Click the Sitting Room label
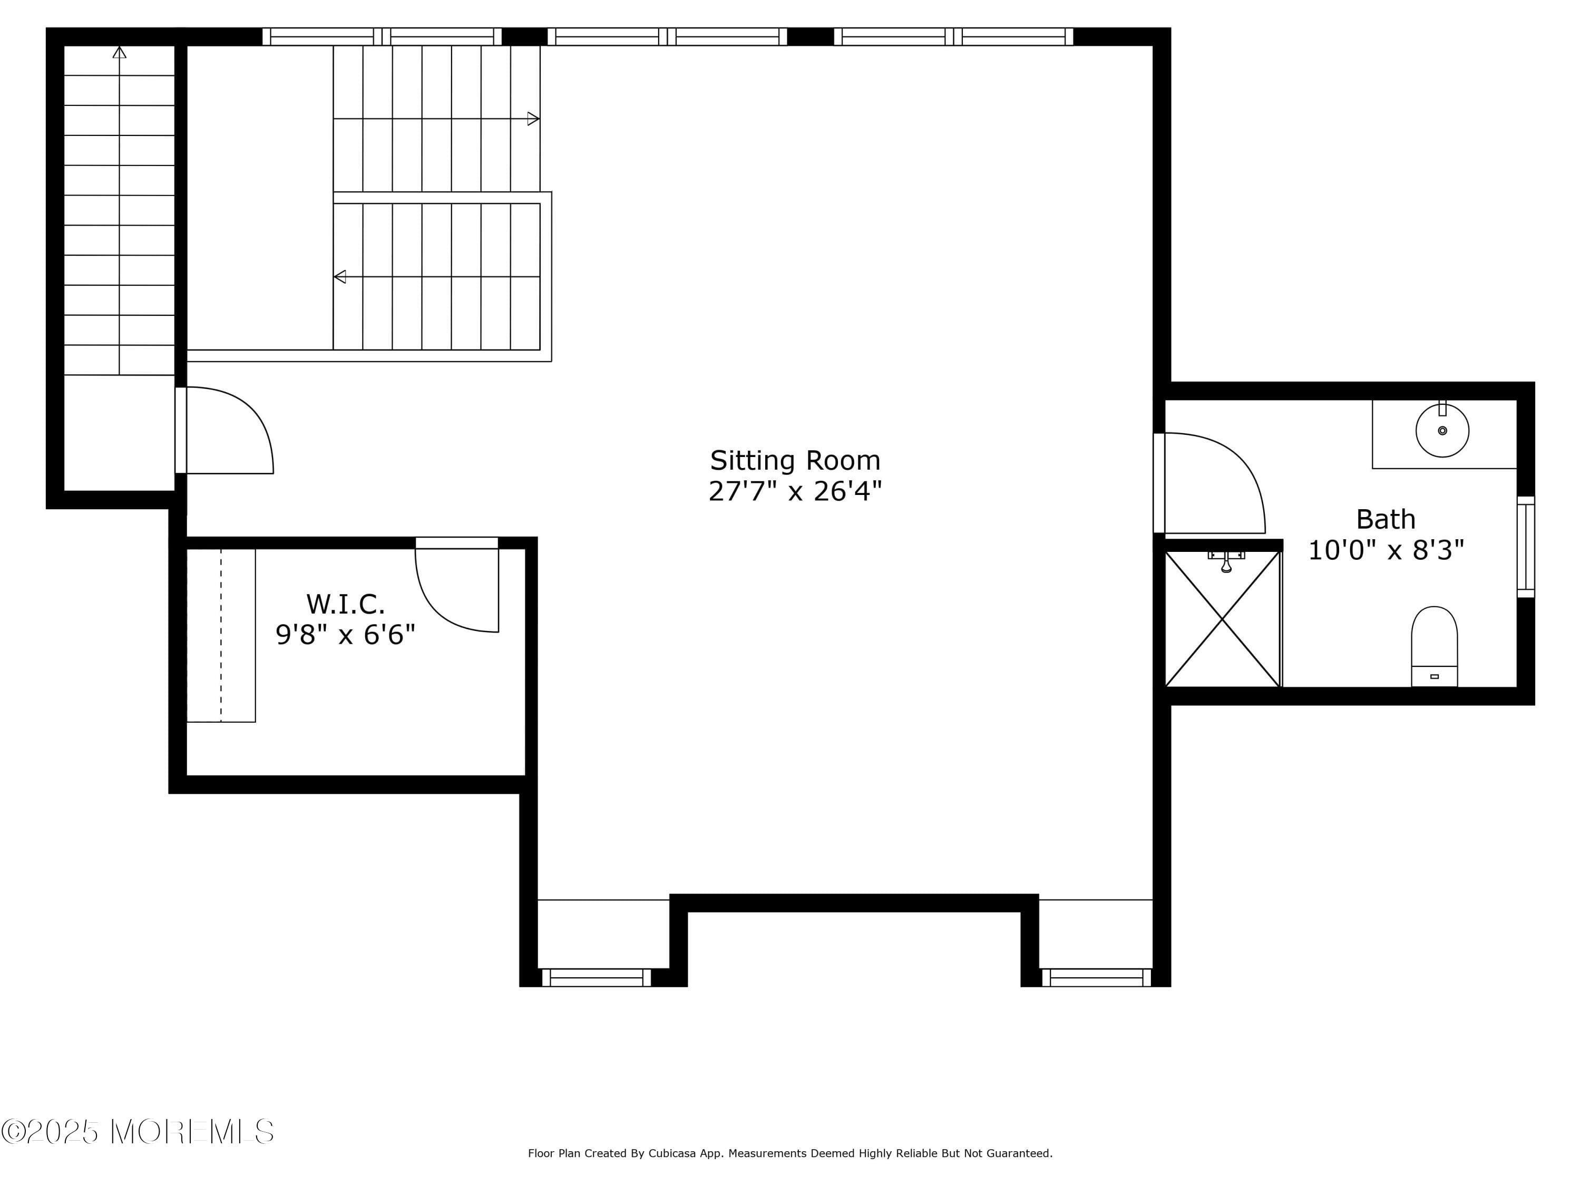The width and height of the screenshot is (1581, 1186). click(795, 460)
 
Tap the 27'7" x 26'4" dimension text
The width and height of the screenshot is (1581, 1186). click(795, 492)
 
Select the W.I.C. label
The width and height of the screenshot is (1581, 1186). click(345, 604)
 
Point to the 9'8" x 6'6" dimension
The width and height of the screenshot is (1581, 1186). click(345, 635)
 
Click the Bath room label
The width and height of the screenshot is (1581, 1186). click(1385, 519)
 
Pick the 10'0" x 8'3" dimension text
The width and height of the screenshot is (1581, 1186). click(1385, 550)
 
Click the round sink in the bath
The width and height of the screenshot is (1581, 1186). click(1442, 430)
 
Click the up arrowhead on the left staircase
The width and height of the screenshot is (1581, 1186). click(119, 52)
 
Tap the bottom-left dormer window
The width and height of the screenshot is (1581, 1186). click(596, 977)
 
